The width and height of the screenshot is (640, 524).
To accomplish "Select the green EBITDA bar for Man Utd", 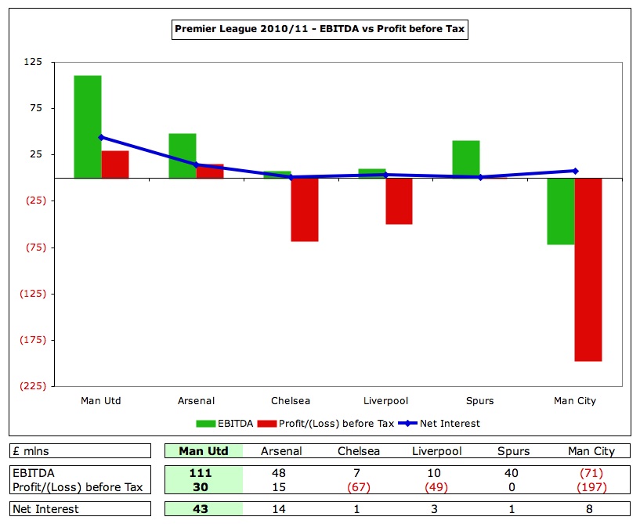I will tap(88, 127).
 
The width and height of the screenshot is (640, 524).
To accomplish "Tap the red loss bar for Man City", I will tap(588, 269).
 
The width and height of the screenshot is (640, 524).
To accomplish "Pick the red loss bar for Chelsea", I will tap(305, 209).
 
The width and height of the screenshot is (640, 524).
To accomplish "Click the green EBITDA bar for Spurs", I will tap(465, 159).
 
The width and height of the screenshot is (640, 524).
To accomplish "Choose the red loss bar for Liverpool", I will tap(399, 201).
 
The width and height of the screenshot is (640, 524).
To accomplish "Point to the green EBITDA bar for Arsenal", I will tap(183, 156).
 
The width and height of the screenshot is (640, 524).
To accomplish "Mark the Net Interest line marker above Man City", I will tap(575, 171).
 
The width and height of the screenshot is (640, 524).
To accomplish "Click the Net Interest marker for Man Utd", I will tap(101, 137).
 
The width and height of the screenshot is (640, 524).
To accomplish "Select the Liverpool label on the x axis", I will tap(385, 401).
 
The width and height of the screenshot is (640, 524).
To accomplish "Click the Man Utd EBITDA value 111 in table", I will tap(201, 473).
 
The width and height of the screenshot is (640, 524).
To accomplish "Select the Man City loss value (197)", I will tap(591, 487).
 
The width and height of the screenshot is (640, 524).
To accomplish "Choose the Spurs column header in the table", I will tap(514, 451).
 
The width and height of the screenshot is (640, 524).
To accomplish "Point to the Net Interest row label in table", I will tap(47, 510).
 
